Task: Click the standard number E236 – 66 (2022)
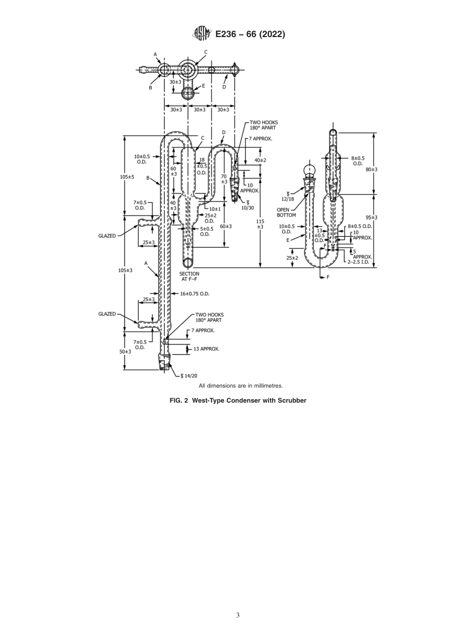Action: click(250, 34)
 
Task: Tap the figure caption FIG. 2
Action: click(237, 400)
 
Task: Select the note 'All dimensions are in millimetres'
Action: click(241, 386)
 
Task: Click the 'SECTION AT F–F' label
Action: click(189, 276)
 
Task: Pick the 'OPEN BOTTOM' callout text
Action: click(286, 212)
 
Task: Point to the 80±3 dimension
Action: click(371, 169)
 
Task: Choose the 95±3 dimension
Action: click(371, 217)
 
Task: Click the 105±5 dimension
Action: click(126, 177)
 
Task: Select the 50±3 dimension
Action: click(125, 352)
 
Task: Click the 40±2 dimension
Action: click(260, 160)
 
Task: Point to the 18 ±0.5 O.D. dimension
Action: click(202, 166)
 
